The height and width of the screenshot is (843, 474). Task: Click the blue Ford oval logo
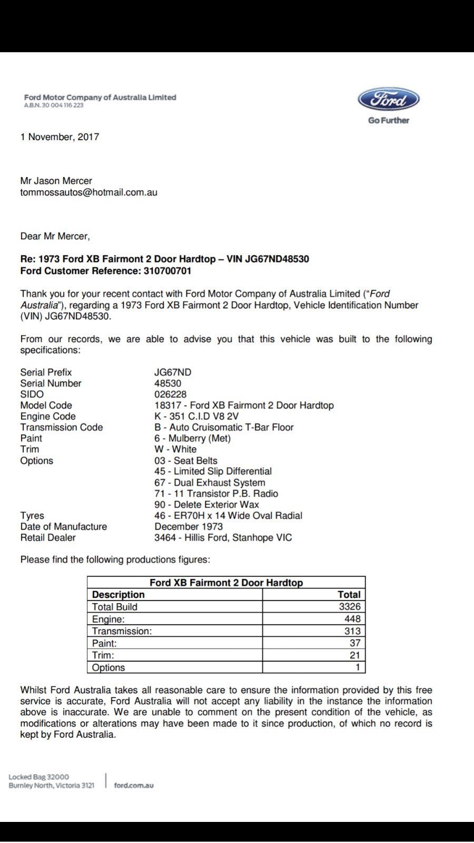[389, 100]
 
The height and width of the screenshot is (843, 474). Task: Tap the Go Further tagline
[389, 120]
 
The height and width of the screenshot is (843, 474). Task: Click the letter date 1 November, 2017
[60, 137]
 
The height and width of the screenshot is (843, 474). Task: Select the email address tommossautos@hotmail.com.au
[88, 192]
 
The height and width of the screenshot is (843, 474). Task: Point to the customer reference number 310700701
[167, 271]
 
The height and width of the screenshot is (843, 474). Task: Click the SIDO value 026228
[170, 394]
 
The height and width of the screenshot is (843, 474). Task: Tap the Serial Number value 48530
[167, 383]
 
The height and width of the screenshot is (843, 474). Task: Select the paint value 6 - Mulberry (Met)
[192, 438]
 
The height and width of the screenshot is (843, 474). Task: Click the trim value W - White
[175, 449]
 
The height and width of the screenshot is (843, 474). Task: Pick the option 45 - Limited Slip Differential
[213, 472]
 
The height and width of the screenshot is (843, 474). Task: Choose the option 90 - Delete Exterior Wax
[206, 505]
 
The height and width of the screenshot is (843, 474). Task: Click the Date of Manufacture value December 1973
[189, 526]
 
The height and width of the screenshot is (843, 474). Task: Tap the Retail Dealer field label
[48, 537]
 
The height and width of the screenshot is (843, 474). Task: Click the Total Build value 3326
[349, 607]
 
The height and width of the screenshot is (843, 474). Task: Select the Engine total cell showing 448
[352, 619]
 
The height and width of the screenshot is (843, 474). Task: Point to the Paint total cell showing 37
[355, 643]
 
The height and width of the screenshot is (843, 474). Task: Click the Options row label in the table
[108, 668]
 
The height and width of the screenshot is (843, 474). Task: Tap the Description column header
[118, 595]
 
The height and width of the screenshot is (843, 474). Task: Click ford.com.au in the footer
[134, 786]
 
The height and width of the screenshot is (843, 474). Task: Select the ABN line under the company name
[54, 105]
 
